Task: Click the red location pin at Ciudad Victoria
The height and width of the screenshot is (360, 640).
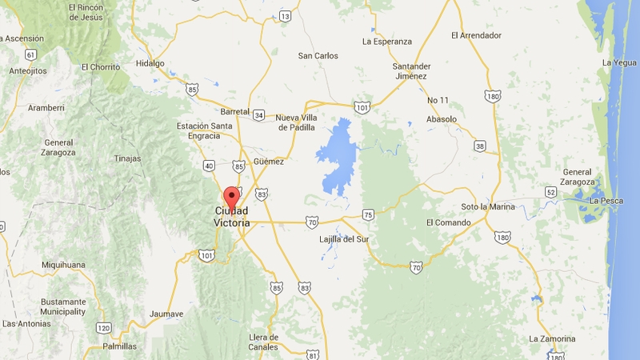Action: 231,196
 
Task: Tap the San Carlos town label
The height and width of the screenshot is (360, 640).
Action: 318,56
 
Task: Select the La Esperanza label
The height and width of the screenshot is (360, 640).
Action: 386,41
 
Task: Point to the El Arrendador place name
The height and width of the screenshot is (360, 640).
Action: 476,35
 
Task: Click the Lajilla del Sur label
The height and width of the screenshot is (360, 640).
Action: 343,238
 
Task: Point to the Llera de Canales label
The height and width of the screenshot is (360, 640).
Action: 263,342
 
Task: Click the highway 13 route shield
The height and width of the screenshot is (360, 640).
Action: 286,16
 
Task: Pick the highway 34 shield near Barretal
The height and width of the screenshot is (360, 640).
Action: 258,114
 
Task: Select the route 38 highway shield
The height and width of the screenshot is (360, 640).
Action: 479,146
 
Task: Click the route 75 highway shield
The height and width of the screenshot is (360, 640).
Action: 367,214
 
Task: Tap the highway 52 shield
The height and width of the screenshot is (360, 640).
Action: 550,191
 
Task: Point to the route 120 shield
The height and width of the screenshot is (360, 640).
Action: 102,328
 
